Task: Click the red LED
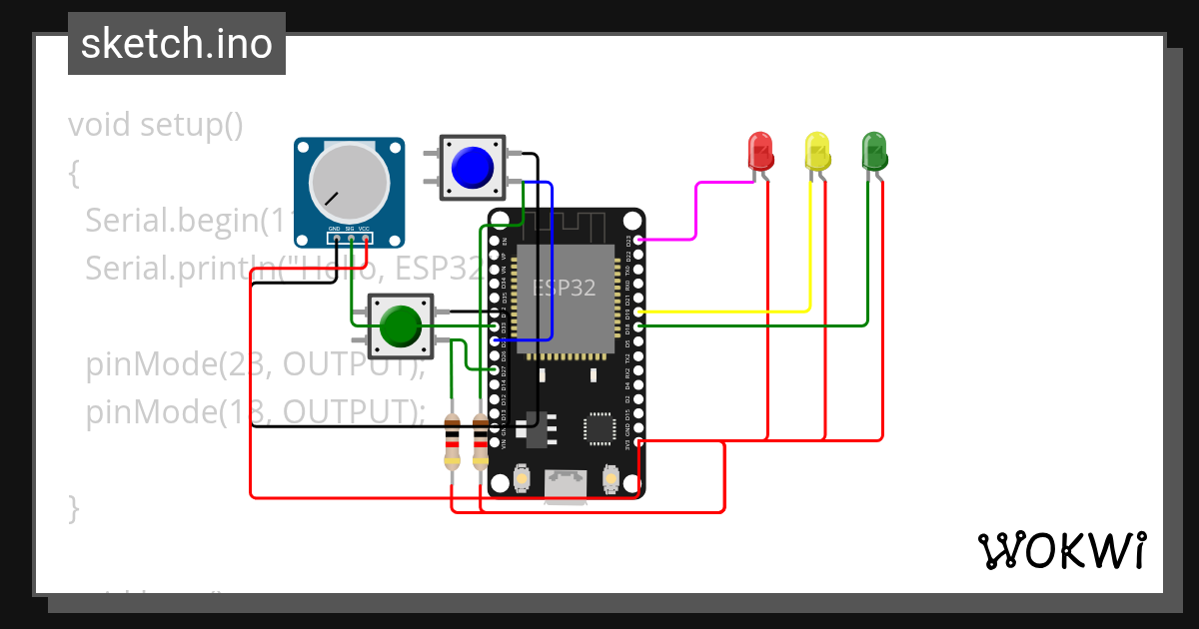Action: click(x=760, y=151)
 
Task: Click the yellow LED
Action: click(x=817, y=151)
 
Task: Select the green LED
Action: click(x=874, y=151)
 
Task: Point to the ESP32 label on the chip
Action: click(x=565, y=288)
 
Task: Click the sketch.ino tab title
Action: click(x=176, y=44)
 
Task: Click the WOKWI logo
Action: click(x=1061, y=550)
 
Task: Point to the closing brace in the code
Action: click(x=73, y=506)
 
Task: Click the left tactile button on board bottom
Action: click(x=521, y=480)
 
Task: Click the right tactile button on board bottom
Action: click(x=611, y=480)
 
